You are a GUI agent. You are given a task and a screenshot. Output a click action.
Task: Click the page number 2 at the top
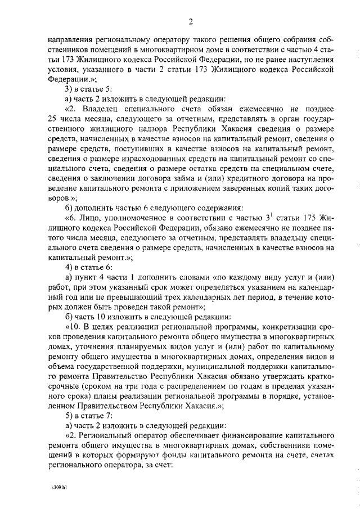click(x=191, y=22)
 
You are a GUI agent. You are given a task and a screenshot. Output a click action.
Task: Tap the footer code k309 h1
click(x=58, y=483)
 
